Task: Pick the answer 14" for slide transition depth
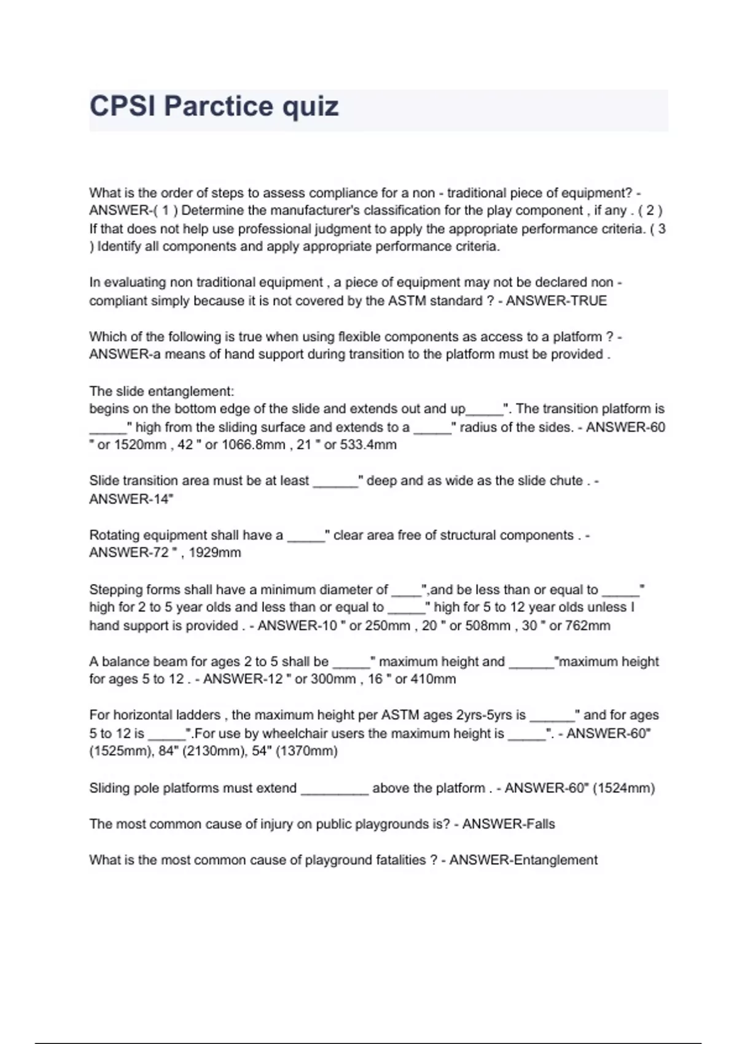[x=162, y=499]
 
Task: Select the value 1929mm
[x=214, y=553]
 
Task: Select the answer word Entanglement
[x=555, y=860]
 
